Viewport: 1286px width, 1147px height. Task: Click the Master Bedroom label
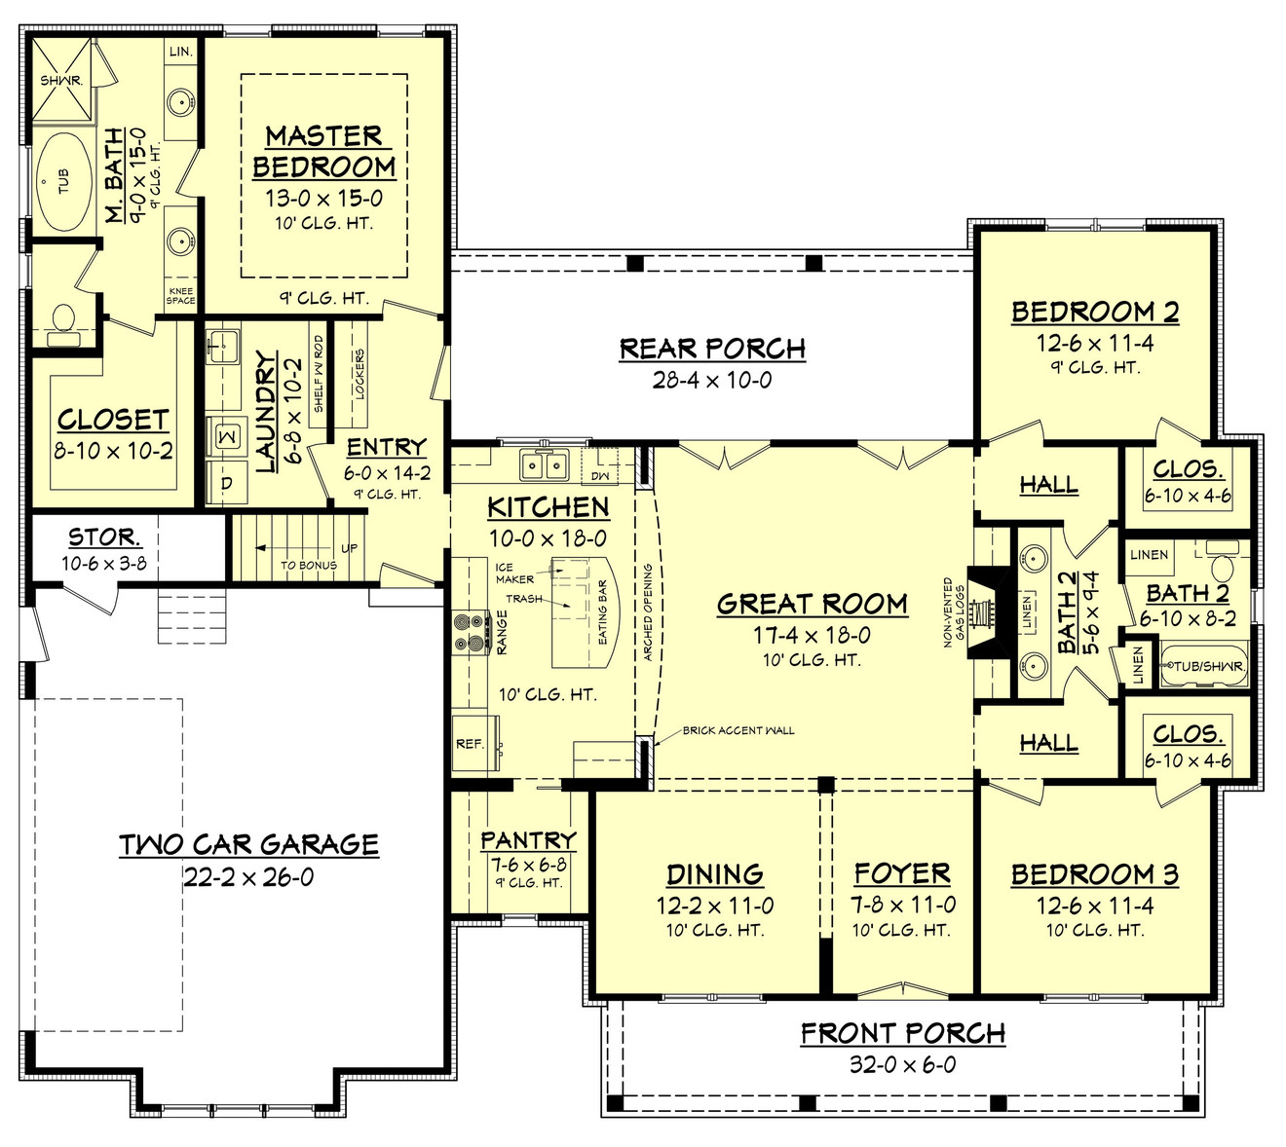[x=323, y=151]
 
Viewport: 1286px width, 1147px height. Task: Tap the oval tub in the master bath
[x=61, y=182]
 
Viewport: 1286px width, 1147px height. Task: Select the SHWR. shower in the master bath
[x=61, y=80]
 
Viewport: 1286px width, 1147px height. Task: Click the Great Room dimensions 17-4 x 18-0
[x=812, y=636]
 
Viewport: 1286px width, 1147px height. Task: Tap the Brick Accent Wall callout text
[x=738, y=730]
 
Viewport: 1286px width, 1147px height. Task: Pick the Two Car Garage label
[x=248, y=844]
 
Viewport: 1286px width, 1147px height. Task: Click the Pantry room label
[x=528, y=839]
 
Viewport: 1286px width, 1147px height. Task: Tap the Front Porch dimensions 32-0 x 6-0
[x=902, y=1064]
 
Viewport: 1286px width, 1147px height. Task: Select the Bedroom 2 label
[x=1094, y=312]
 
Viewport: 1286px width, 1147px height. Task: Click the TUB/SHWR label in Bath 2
[x=1207, y=667]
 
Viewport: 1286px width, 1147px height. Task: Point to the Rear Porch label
[x=712, y=349]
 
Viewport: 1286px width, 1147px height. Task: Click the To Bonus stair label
[x=309, y=565]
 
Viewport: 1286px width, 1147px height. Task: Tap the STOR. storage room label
[x=103, y=537]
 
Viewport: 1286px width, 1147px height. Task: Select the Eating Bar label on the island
[x=602, y=612]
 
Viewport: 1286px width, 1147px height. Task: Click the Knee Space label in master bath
[x=180, y=296]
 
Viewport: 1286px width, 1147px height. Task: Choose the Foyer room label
[x=901, y=873]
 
